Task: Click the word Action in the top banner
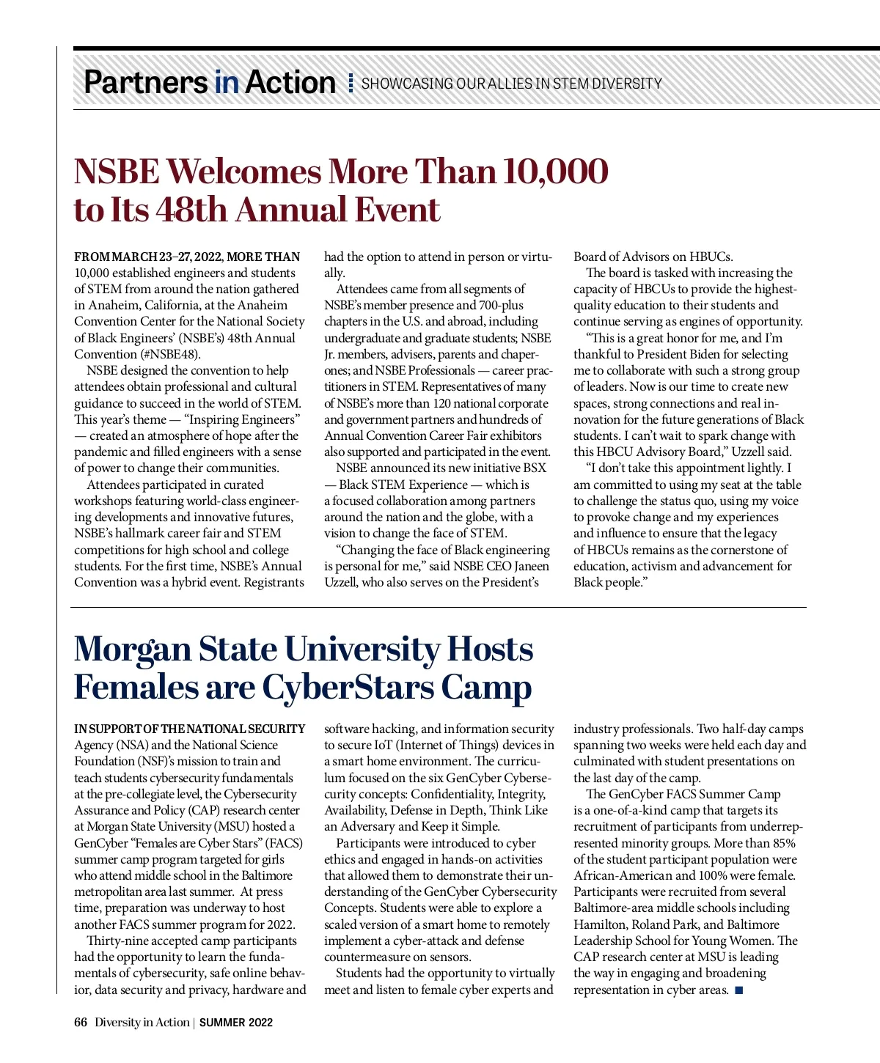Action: [290, 82]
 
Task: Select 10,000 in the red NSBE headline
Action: [555, 172]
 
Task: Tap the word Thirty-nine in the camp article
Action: [118, 941]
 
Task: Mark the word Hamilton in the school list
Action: [599, 924]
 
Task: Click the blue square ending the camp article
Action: [738, 990]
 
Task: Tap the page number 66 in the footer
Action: [81, 1022]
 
